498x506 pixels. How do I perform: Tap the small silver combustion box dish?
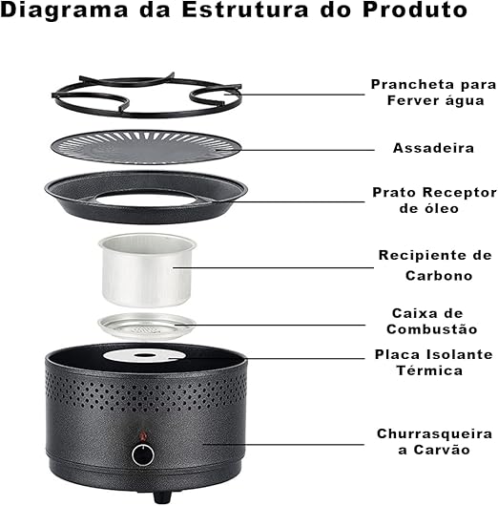(x=148, y=324)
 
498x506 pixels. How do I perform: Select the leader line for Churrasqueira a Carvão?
(x=305, y=441)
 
